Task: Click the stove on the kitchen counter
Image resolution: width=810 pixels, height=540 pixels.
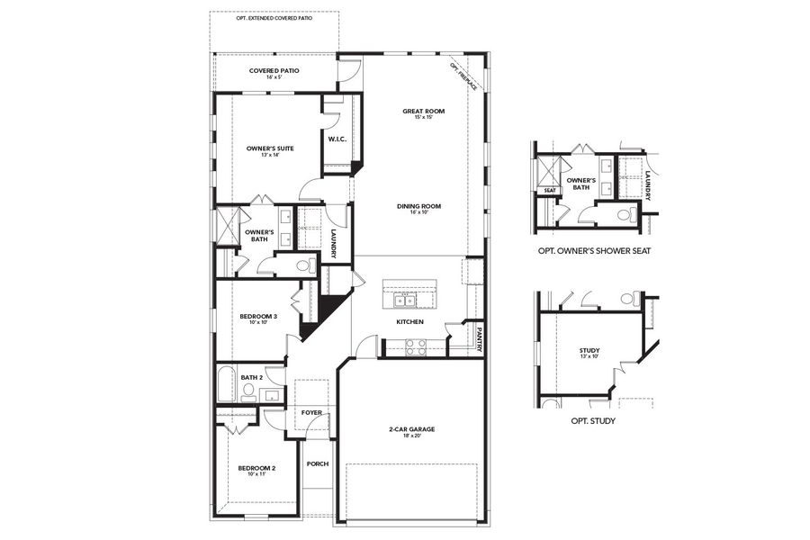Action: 415,347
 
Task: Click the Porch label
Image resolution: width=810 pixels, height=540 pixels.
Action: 317,464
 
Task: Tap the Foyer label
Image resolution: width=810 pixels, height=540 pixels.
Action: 310,413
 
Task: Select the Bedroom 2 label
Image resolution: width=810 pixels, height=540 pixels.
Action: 256,468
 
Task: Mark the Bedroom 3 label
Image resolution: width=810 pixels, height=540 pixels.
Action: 257,316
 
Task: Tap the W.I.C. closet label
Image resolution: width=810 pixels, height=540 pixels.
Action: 337,139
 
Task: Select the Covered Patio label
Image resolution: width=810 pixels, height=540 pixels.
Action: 274,70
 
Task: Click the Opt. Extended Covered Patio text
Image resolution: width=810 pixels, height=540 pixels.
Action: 274,18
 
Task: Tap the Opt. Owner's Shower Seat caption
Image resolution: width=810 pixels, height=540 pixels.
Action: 592,250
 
